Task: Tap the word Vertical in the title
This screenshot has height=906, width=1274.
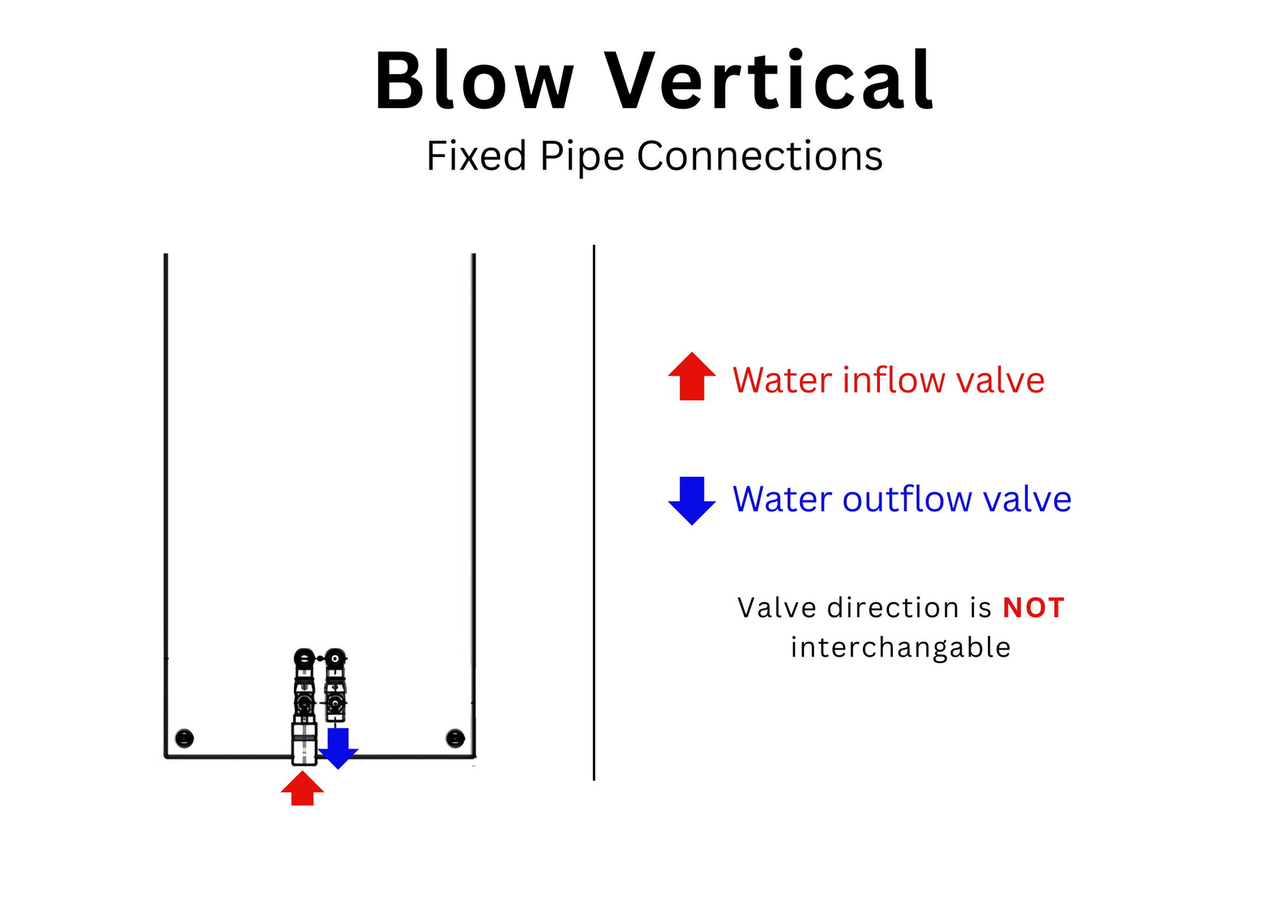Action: tap(769, 80)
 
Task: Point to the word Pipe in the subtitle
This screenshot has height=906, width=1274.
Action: tap(582, 158)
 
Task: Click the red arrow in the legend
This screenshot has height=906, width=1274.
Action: tap(692, 376)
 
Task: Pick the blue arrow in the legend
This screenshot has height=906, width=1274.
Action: tap(692, 501)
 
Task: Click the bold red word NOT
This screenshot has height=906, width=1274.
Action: tap(1033, 608)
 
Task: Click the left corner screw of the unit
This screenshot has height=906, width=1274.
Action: tap(185, 738)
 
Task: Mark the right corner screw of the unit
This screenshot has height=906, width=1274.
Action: tap(455, 738)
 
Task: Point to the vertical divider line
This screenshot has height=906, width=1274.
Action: tap(594, 513)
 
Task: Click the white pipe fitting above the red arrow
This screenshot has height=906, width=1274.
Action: tap(304, 744)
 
